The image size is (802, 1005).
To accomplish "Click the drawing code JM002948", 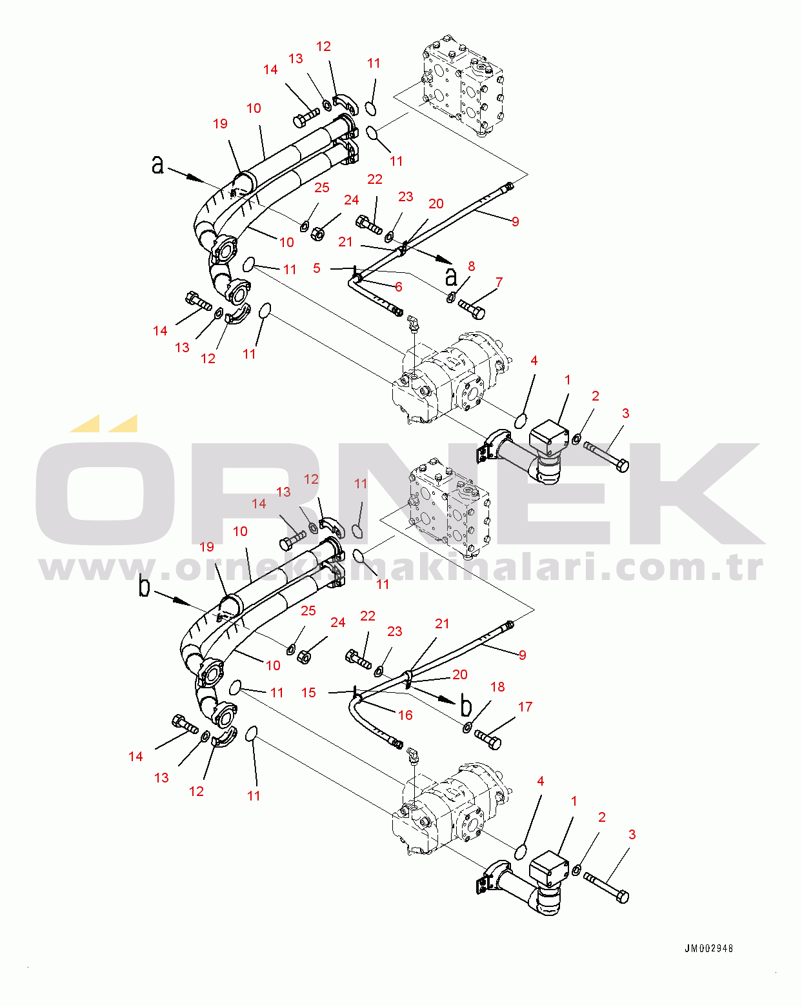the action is point(708,948).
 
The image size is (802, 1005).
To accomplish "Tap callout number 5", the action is point(317,268).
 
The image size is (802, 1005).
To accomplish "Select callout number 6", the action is point(399,287).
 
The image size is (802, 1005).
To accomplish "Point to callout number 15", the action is point(309,693).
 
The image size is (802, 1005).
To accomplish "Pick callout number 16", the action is point(405,715).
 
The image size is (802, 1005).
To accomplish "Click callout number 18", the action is point(497,686).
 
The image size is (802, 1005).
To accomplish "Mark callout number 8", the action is point(471,266).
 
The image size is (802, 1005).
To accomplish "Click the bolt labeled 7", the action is point(472,309).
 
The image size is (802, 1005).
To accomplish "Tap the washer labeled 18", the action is point(466,728).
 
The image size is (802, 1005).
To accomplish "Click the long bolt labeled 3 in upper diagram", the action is point(606,457).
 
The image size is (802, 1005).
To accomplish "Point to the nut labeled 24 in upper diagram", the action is point(317,233).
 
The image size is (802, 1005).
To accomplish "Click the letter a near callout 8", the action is point(451,277).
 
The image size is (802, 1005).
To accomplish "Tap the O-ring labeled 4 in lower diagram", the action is point(521,852).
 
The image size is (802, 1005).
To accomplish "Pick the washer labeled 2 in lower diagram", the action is point(577,869).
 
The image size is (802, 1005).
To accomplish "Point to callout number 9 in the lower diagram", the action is point(523,655).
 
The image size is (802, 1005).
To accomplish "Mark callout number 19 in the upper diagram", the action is point(221,123).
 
